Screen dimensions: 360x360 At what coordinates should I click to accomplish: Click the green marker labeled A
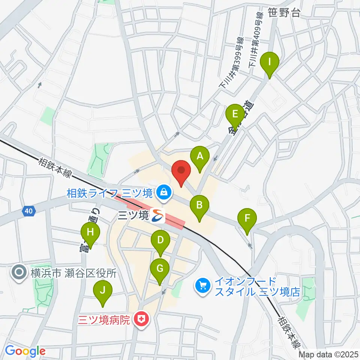pos(200,156)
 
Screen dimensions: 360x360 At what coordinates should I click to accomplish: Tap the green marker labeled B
pos(199,205)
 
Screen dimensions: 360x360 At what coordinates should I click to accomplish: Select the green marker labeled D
pos(160,240)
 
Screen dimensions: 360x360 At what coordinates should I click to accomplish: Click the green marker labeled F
pos(247,218)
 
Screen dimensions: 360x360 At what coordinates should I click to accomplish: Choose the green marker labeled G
pos(160,269)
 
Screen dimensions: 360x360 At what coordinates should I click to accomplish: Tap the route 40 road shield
pos(29,211)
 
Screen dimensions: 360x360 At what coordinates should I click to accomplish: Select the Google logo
pos(25,351)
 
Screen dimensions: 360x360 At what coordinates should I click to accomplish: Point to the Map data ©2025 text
pos(328,354)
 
